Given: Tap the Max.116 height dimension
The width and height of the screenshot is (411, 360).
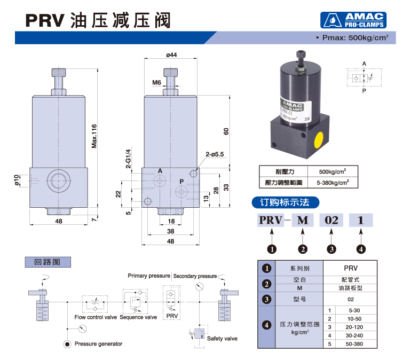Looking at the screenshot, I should coord(94,136).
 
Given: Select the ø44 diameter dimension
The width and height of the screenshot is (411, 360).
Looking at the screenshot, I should coord(171,54).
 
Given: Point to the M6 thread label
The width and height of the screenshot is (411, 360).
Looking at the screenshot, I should coord(156,82).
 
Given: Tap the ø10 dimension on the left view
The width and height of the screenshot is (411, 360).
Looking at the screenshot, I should coord(17,181).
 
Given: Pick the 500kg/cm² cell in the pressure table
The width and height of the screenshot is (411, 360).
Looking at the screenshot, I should coord(332,171).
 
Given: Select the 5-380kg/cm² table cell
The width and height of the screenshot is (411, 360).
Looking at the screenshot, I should coord(332,182).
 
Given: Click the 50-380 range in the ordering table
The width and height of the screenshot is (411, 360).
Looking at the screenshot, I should coord(354,343).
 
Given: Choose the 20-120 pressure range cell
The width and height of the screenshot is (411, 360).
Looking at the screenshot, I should coord(354,326).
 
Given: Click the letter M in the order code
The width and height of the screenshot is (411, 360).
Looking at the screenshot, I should coord(303,220).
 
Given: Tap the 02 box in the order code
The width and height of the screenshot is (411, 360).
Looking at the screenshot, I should coord(331,220).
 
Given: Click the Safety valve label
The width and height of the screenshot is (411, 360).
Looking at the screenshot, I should coord(222,339).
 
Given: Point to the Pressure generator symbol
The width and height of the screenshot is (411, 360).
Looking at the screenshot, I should coord(67,343).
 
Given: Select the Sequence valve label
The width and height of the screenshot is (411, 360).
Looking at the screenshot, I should coord(138,317).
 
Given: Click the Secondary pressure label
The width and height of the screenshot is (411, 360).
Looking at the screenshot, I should coord(194,276).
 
